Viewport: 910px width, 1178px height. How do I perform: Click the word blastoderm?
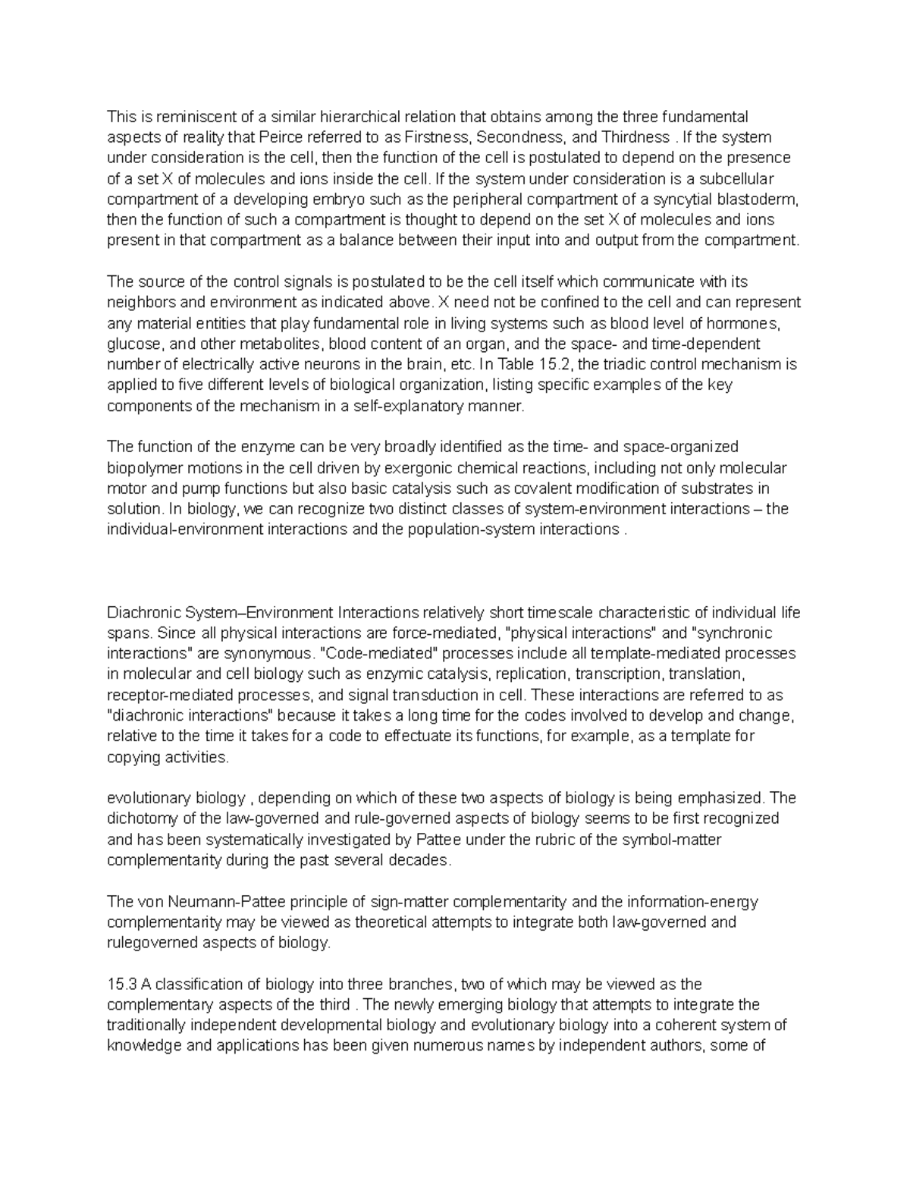pos(762,199)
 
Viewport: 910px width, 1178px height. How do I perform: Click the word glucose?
pos(133,344)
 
